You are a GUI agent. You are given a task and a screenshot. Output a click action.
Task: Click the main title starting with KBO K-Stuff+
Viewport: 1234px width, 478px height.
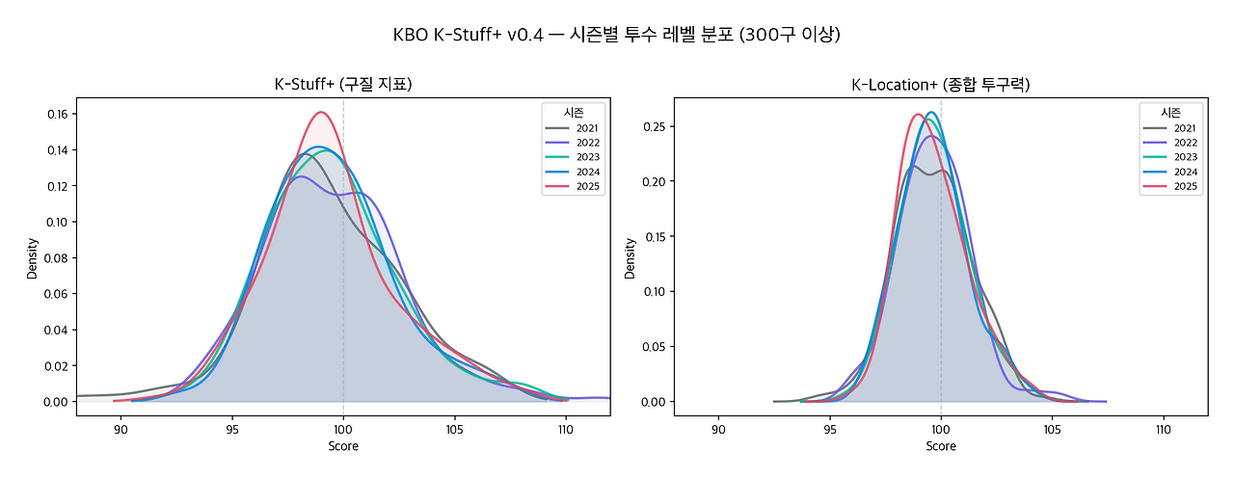tap(617, 35)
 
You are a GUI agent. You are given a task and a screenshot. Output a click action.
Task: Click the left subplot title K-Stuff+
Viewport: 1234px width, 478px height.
tap(342, 85)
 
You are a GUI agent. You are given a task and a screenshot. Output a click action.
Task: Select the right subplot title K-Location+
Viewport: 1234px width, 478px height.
tap(940, 85)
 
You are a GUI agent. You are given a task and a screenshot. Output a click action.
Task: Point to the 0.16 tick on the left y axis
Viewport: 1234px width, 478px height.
tap(57, 114)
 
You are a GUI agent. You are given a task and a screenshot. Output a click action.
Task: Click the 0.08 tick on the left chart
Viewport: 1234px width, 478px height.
tap(57, 257)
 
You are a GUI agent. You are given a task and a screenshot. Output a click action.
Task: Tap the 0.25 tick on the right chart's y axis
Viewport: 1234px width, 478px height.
tap(655, 126)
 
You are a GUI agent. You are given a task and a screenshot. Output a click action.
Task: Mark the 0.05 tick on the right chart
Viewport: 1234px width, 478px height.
tap(655, 346)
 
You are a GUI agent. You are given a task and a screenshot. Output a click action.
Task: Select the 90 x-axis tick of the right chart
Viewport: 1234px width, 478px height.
tap(718, 430)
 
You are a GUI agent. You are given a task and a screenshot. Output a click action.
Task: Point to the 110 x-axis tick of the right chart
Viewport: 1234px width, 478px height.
tap(1163, 430)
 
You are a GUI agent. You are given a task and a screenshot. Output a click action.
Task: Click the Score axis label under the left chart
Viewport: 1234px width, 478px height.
tap(342, 446)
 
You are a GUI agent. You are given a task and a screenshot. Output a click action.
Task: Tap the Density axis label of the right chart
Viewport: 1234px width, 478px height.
tap(630, 258)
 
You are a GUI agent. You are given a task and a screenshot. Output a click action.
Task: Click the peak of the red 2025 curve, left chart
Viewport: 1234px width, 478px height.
tap(321, 112)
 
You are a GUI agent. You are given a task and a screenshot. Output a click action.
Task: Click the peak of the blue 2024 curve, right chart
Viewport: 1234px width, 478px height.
tap(931, 113)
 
